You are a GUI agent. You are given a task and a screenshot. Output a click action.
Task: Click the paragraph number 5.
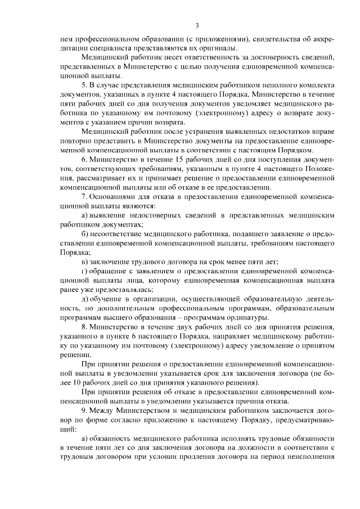coord(83,84)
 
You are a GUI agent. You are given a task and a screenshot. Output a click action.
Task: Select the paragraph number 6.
coord(83,161)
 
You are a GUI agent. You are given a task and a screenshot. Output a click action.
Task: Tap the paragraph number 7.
coord(83,196)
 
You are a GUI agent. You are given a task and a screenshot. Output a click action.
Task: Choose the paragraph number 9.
coord(83,411)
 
